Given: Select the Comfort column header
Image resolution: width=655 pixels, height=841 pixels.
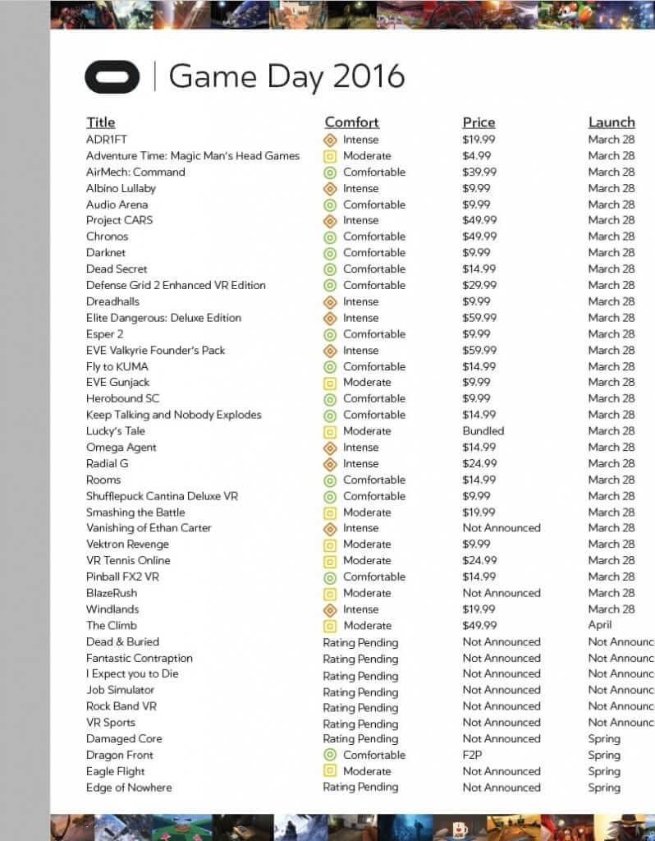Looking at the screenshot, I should tap(351, 122).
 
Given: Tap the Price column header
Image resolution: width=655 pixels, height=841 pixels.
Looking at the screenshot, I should tap(479, 122).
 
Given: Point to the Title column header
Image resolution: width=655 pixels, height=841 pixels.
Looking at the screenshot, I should tap(100, 122).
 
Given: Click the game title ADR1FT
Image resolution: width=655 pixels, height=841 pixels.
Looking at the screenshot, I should tap(107, 140).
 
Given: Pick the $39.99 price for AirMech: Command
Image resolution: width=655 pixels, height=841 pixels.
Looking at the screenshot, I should tap(479, 172).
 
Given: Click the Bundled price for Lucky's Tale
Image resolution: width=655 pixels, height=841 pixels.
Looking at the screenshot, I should tap(483, 431).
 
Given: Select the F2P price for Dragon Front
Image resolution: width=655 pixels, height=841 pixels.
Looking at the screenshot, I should tap(473, 755).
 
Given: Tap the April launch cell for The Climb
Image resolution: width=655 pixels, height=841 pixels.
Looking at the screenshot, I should tap(600, 625).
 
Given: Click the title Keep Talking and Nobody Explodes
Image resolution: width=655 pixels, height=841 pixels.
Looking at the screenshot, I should tap(173, 415).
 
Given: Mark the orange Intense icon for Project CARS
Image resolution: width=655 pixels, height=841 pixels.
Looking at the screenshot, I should tap(330, 220).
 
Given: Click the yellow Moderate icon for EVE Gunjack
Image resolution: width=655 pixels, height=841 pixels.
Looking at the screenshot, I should tap(330, 383).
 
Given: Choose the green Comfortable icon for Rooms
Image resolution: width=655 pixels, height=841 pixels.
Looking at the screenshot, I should tap(330, 480).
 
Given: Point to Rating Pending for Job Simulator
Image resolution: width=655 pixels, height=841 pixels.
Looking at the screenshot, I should tap(360, 692).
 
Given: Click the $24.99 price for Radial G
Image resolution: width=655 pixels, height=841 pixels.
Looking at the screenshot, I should tap(479, 463).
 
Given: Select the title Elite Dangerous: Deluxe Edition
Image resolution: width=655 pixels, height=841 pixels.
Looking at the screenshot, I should tap(163, 318).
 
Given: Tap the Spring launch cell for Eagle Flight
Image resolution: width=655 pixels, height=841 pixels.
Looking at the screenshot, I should tap(604, 771).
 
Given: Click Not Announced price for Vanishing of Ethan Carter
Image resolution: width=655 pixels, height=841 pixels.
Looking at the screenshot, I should tap(501, 528).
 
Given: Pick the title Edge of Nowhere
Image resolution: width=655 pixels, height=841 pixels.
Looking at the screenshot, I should tap(129, 788).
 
